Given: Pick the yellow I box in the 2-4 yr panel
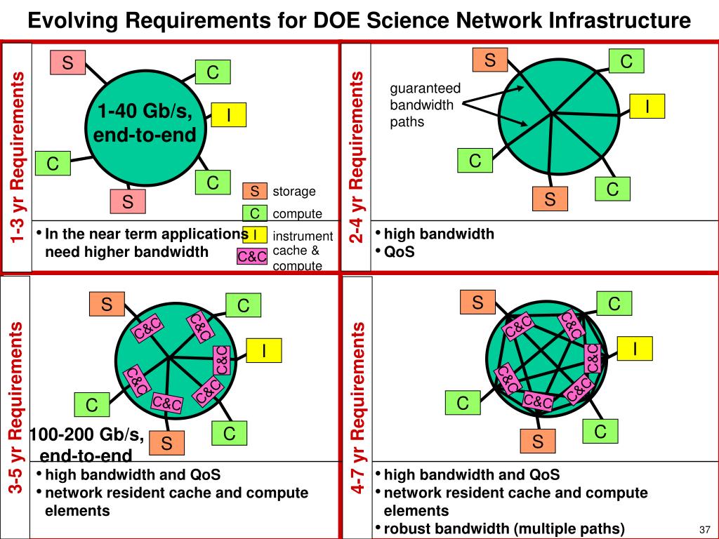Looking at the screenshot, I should click(647, 105).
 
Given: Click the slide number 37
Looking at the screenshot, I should click(705, 528).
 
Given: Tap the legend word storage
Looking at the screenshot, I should click(294, 192).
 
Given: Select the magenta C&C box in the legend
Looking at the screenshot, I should click(252, 257).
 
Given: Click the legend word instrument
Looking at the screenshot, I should click(303, 237).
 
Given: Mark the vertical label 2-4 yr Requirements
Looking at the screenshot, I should click(357, 157).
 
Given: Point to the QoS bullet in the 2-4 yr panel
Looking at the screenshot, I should click(399, 252).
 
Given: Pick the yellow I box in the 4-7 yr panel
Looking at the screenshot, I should click(635, 348).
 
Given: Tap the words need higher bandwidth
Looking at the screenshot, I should click(127, 251).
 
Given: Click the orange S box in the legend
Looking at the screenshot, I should click(255, 192).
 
